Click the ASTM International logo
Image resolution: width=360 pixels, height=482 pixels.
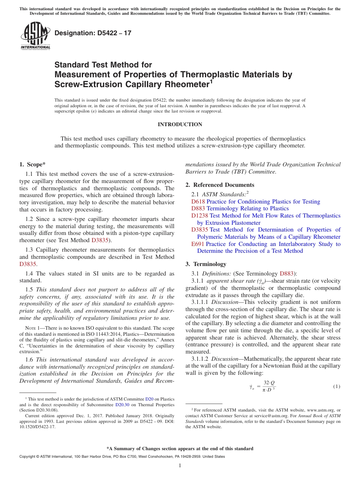point(35,36)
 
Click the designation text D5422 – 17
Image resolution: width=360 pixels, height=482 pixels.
point(93,33)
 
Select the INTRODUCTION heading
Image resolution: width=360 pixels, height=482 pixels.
point(180,124)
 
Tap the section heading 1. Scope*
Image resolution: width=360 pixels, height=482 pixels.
point(32,164)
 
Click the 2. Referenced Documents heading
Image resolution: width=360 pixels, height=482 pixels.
point(220,185)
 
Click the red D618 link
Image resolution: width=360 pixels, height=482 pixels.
point(198,202)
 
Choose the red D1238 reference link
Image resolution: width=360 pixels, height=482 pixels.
point(200,216)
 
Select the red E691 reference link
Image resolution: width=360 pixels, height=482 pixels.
point(197,244)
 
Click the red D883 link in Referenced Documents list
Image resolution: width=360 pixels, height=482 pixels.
point(198,208)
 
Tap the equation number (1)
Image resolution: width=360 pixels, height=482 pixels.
point(337,387)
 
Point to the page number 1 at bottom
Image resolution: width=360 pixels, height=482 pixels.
point(180,466)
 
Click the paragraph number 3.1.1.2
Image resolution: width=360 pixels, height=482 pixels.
point(201,359)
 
